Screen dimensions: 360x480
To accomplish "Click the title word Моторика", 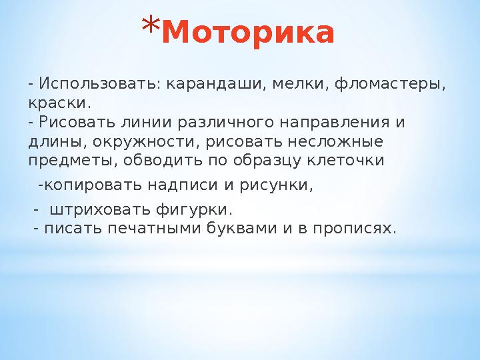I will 247,34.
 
